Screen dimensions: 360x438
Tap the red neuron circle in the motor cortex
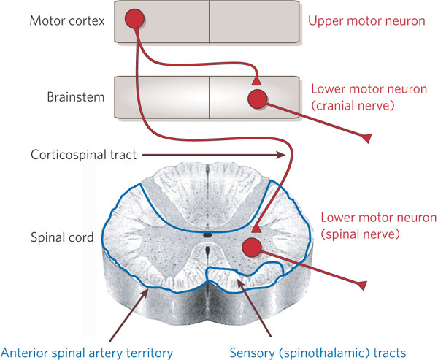pos(134,18)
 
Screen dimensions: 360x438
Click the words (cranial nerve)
pos(352,105)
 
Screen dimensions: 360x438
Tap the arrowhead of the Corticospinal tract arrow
pos(280,154)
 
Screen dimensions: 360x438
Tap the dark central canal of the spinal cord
pos(209,235)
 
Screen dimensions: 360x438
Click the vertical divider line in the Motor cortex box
pos(210,21)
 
